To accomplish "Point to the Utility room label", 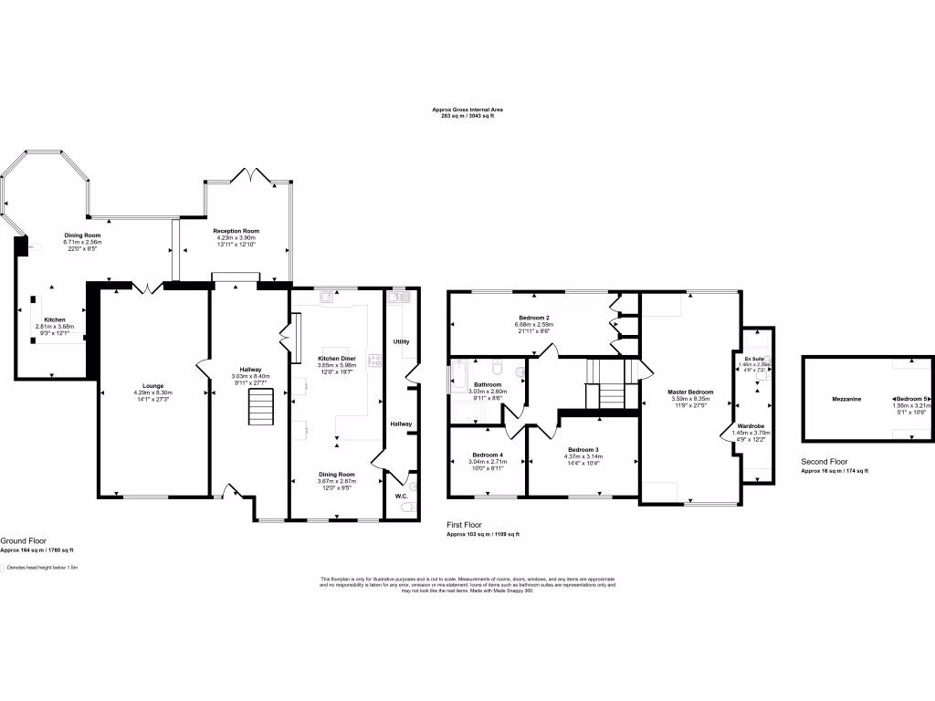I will pyautogui.click(x=402, y=341).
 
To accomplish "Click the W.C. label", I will pyautogui.click(x=401, y=497).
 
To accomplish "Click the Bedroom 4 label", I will pyautogui.click(x=488, y=455).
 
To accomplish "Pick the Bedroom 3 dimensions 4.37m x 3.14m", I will pyautogui.click(x=583, y=458).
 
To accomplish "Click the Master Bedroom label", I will pyautogui.click(x=690, y=392).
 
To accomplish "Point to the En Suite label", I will pyautogui.click(x=754, y=359).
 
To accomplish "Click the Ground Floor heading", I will pyautogui.click(x=25, y=541).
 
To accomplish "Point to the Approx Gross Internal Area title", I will pyautogui.click(x=467, y=110).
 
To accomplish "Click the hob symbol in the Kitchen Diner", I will pyautogui.click(x=374, y=360).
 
